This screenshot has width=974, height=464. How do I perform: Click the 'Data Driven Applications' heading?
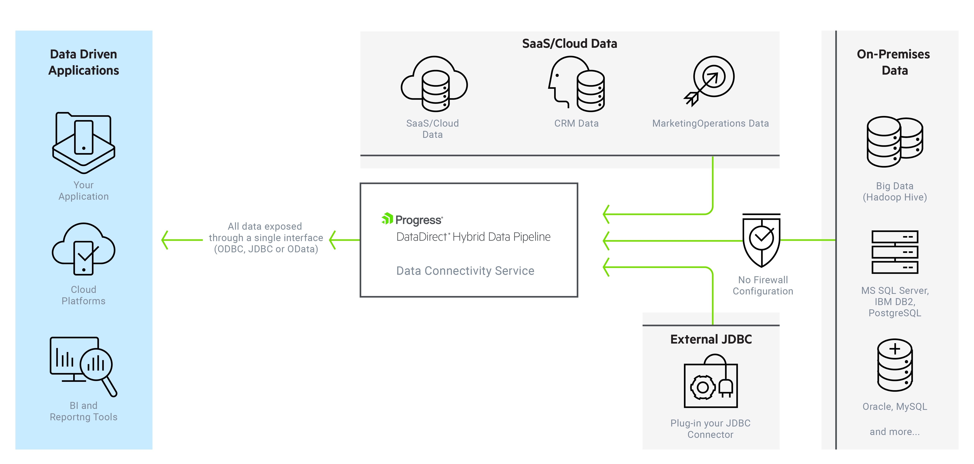coord(84,62)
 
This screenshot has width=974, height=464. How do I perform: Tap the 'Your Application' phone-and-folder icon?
coord(84,143)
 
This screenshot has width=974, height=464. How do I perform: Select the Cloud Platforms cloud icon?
coord(84,249)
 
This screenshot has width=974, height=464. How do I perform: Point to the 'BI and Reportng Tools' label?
coord(84,411)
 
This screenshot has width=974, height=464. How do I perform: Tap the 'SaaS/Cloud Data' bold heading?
coord(569,43)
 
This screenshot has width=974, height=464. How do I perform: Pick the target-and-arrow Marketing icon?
coord(709,81)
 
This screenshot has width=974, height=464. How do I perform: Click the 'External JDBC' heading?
coord(711,339)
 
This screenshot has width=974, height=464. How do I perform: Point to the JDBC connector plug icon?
coord(711,381)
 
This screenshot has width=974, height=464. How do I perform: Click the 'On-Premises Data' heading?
coord(894,62)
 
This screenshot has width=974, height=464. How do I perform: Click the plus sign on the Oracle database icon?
coord(895,348)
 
